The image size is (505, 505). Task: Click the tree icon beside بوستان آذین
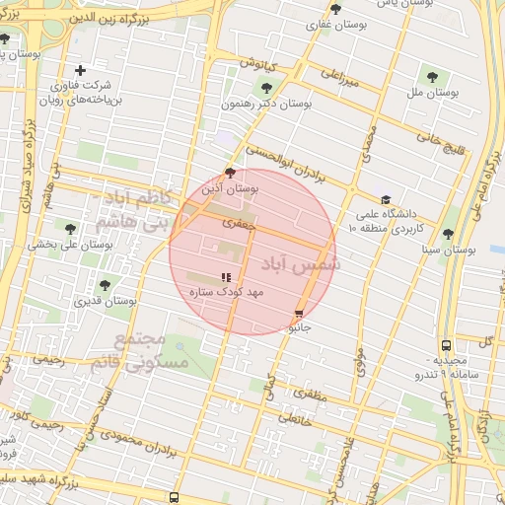(230, 172)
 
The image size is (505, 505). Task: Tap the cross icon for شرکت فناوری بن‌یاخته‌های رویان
(80, 70)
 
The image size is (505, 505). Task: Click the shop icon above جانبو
(299, 313)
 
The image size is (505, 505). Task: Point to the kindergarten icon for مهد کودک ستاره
(225, 278)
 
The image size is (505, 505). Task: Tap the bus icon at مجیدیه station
(447, 345)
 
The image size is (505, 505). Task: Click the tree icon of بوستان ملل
(432, 75)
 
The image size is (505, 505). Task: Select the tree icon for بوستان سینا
(449, 234)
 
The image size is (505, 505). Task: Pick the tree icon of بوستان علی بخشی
(68, 227)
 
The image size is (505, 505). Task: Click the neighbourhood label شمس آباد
(302, 264)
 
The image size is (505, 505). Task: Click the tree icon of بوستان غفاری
(335, 9)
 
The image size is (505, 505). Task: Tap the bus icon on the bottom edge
(175, 498)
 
